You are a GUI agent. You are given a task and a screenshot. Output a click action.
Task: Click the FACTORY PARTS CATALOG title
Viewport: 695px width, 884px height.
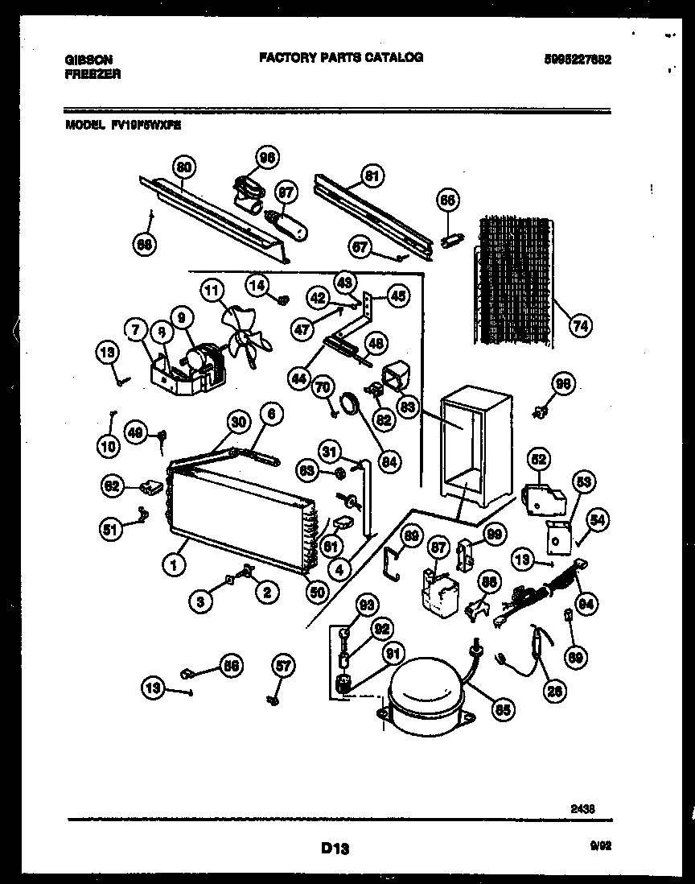click(x=341, y=58)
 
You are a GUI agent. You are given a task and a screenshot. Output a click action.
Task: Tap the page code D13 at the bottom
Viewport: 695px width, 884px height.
click(x=335, y=847)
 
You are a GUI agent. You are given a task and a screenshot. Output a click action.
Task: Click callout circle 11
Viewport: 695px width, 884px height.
click(x=212, y=291)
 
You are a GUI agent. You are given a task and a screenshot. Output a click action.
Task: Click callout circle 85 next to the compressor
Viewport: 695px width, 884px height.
click(x=503, y=711)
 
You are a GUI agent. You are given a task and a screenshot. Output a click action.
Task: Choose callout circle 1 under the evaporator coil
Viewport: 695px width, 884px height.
click(x=172, y=566)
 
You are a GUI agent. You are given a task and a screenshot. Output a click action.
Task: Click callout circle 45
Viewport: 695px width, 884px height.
click(x=397, y=296)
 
